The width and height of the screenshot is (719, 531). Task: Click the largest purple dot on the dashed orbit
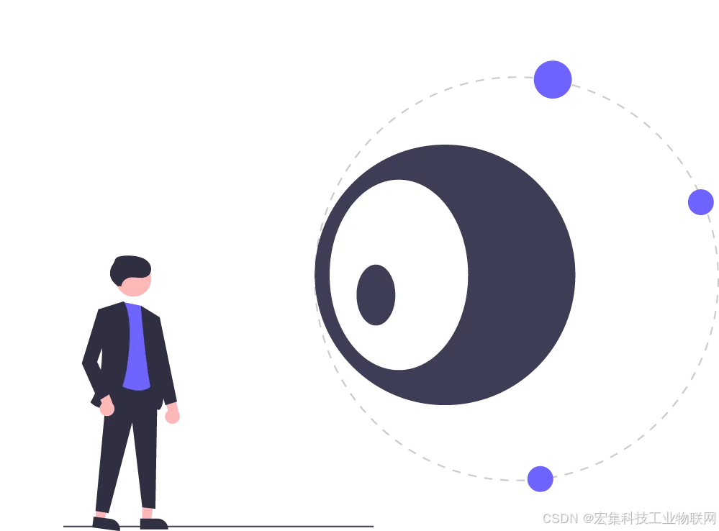tap(553, 79)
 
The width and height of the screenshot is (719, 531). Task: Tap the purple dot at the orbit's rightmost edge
tap(700, 202)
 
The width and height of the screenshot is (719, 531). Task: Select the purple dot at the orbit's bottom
tap(540, 478)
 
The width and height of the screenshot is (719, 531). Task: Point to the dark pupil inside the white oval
tap(376, 295)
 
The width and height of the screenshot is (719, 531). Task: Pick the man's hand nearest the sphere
tap(172, 415)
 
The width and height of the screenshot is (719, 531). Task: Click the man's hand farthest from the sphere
tap(107, 408)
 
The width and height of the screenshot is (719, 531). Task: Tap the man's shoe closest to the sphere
tap(153, 523)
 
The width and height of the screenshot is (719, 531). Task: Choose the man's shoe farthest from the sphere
tap(106, 522)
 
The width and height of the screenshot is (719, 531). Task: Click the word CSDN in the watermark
tap(560, 518)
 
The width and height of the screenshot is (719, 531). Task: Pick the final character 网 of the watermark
tap(709, 518)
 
